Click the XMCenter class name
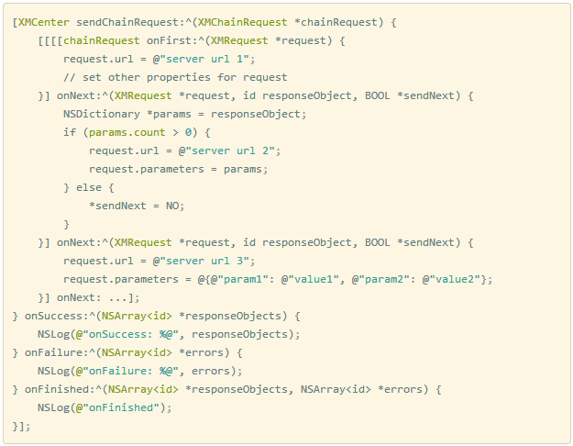(x=44, y=22)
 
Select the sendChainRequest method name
(x=119, y=22)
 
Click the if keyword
(x=70, y=132)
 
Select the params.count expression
(x=130, y=132)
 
